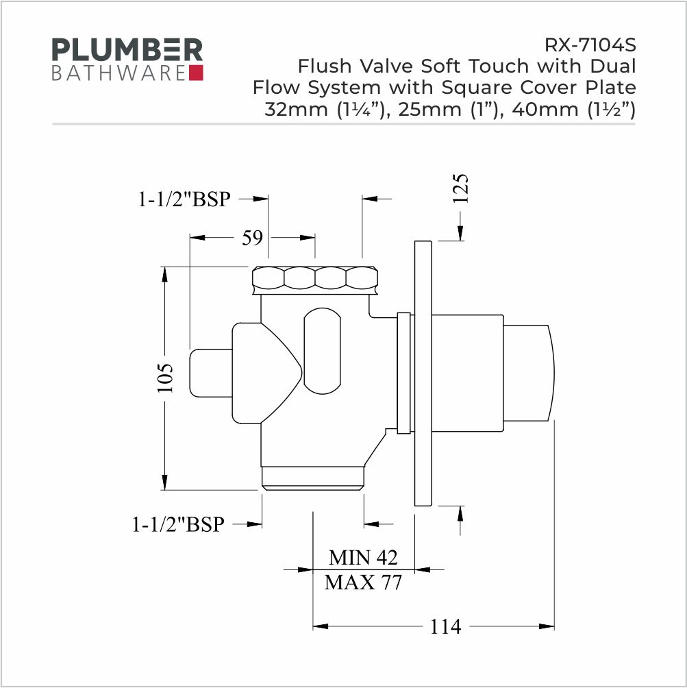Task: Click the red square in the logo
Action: click(x=196, y=73)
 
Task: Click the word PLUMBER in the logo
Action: click(x=127, y=49)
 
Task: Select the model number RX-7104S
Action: click(x=590, y=45)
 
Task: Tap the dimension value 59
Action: click(x=252, y=237)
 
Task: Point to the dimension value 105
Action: click(x=166, y=378)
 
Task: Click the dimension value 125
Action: click(x=461, y=188)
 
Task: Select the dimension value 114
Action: click(x=445, y=626)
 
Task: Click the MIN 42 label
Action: click(x=363, y=558)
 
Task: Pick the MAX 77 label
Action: click(x=363, y=582)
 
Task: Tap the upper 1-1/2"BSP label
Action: click(x=184, y=199)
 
